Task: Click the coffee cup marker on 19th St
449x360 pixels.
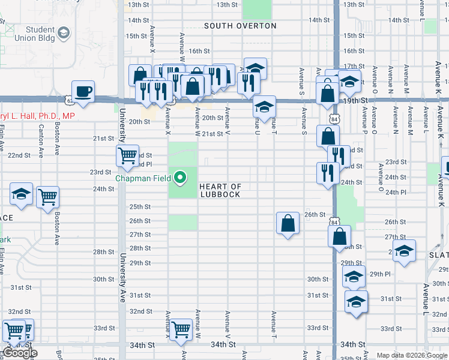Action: [x=83, y=92]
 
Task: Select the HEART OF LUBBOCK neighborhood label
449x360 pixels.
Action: [x=220, y=191]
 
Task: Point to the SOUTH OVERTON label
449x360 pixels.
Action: [x=240, y=26]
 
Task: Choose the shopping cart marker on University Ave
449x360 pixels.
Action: [x=128, y=156]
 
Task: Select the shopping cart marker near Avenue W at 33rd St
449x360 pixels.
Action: [x=181, y=329]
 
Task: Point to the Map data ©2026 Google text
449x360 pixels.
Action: [x=412, y=355]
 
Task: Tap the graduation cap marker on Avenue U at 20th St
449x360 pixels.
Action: [x=264, y=107]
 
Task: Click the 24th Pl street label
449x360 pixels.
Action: [x=396, y=192]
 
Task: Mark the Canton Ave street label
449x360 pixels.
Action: [x=41, y=137]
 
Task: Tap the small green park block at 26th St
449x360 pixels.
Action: [x=182, y=222]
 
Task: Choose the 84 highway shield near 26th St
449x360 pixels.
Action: [x=334, y=222]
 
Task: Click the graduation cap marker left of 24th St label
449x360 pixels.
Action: [x=21, y=194]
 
